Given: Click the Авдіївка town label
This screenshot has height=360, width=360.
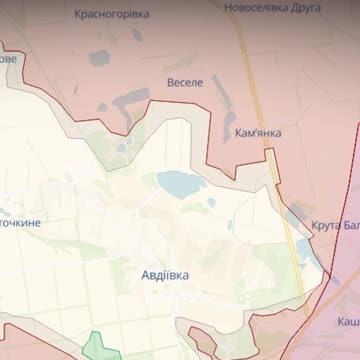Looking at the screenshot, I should coord(165,272).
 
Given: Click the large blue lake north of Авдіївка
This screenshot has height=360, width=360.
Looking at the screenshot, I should coord(178,183).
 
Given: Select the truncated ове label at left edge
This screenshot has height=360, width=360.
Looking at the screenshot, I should coord(8,58).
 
